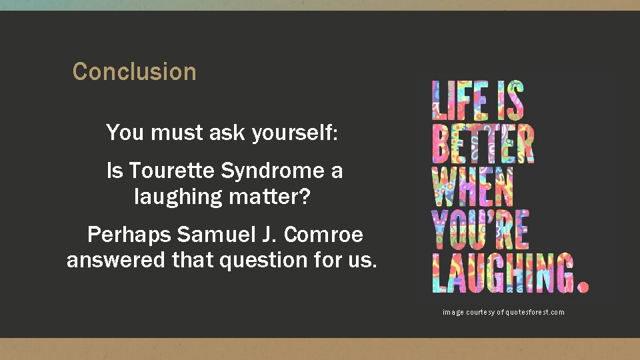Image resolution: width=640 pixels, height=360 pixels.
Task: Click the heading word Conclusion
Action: point(134,71)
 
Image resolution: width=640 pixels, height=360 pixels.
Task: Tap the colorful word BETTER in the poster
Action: point(483,143)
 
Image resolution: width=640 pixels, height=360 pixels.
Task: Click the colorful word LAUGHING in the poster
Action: point(501,272)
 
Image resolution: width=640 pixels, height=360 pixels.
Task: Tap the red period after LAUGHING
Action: point(583,286)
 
